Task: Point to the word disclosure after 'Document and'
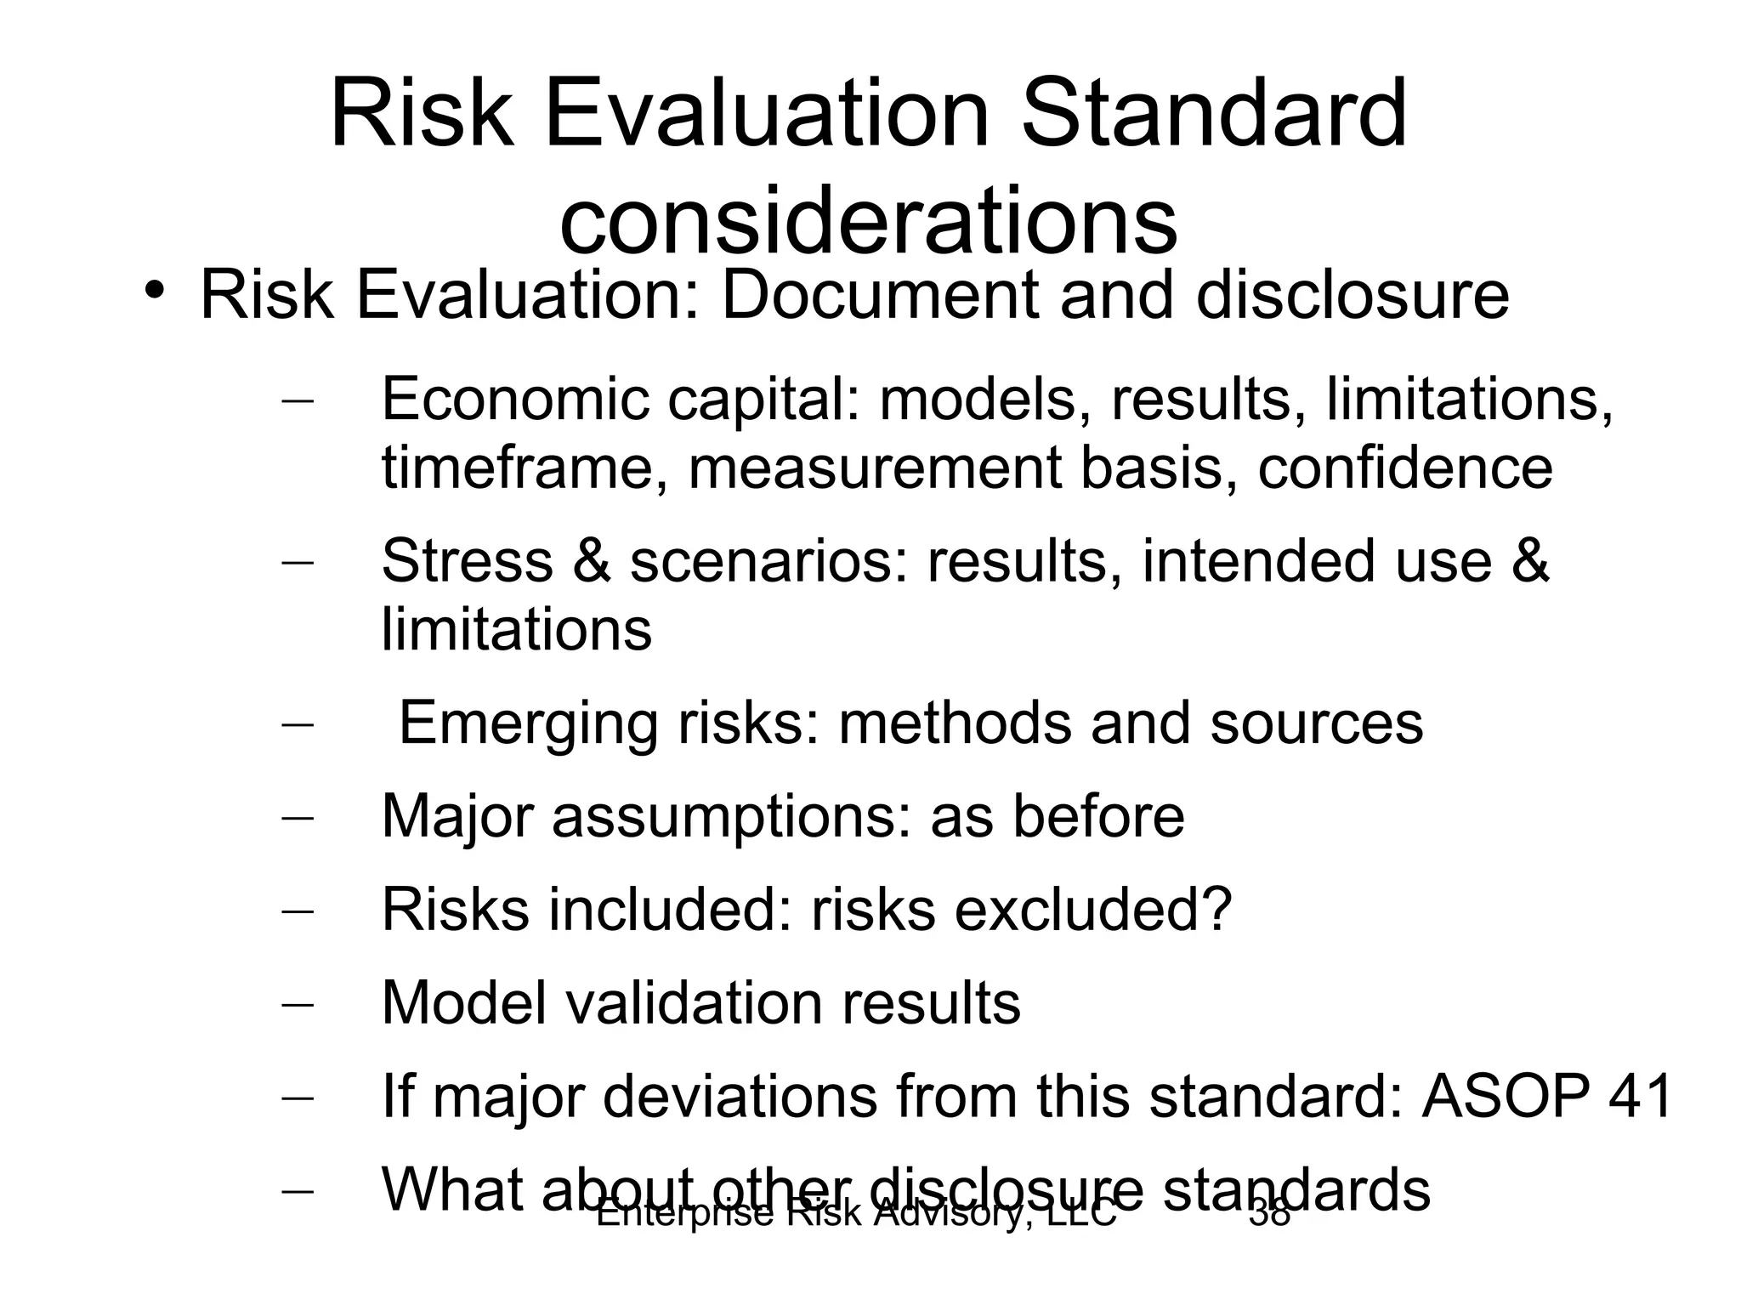tap(1352, 295)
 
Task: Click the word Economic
tap(514, 398)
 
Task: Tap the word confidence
tap(1404, 468)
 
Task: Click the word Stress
tap(467, 561)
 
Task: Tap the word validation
tap(694, 1003)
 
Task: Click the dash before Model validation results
tap(297, 1004)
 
